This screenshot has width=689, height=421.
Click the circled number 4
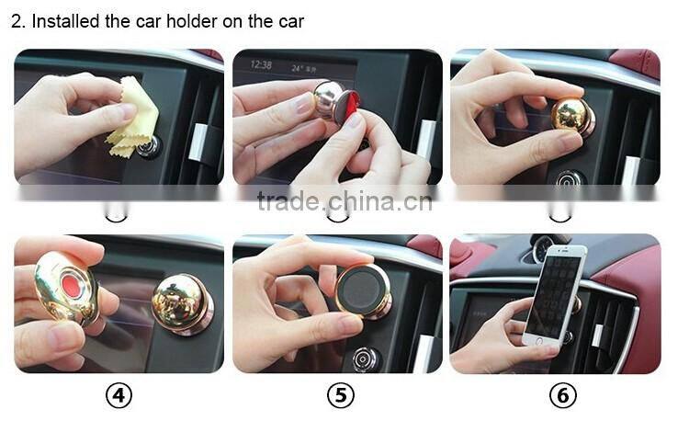point(119,395)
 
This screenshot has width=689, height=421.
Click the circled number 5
point(341,395)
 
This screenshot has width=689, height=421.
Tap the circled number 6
point(562,395)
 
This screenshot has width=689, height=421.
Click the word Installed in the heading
point(65,21)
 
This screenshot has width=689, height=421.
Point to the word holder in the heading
point(192,21)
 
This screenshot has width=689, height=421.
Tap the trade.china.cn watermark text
point(344,201)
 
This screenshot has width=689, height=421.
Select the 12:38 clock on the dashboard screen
point(261,65)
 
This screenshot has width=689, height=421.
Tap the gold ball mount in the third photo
point(572,115)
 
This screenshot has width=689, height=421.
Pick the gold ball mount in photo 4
point(182,304)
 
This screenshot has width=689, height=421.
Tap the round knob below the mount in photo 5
point(365,359)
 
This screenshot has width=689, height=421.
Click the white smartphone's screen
point(550,297)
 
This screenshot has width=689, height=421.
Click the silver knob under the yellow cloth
point(150,146)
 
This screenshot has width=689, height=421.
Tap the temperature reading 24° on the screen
point(298,69)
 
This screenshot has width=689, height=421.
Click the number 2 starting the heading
point(17,21)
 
